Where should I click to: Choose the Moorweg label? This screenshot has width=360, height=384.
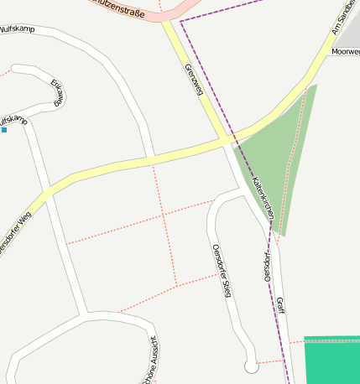coord(345,52)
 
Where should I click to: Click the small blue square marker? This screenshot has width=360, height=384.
coord(4,130)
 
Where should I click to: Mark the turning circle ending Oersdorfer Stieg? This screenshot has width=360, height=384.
coord(251,366)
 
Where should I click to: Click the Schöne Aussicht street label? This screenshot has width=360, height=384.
coord(151,359)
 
